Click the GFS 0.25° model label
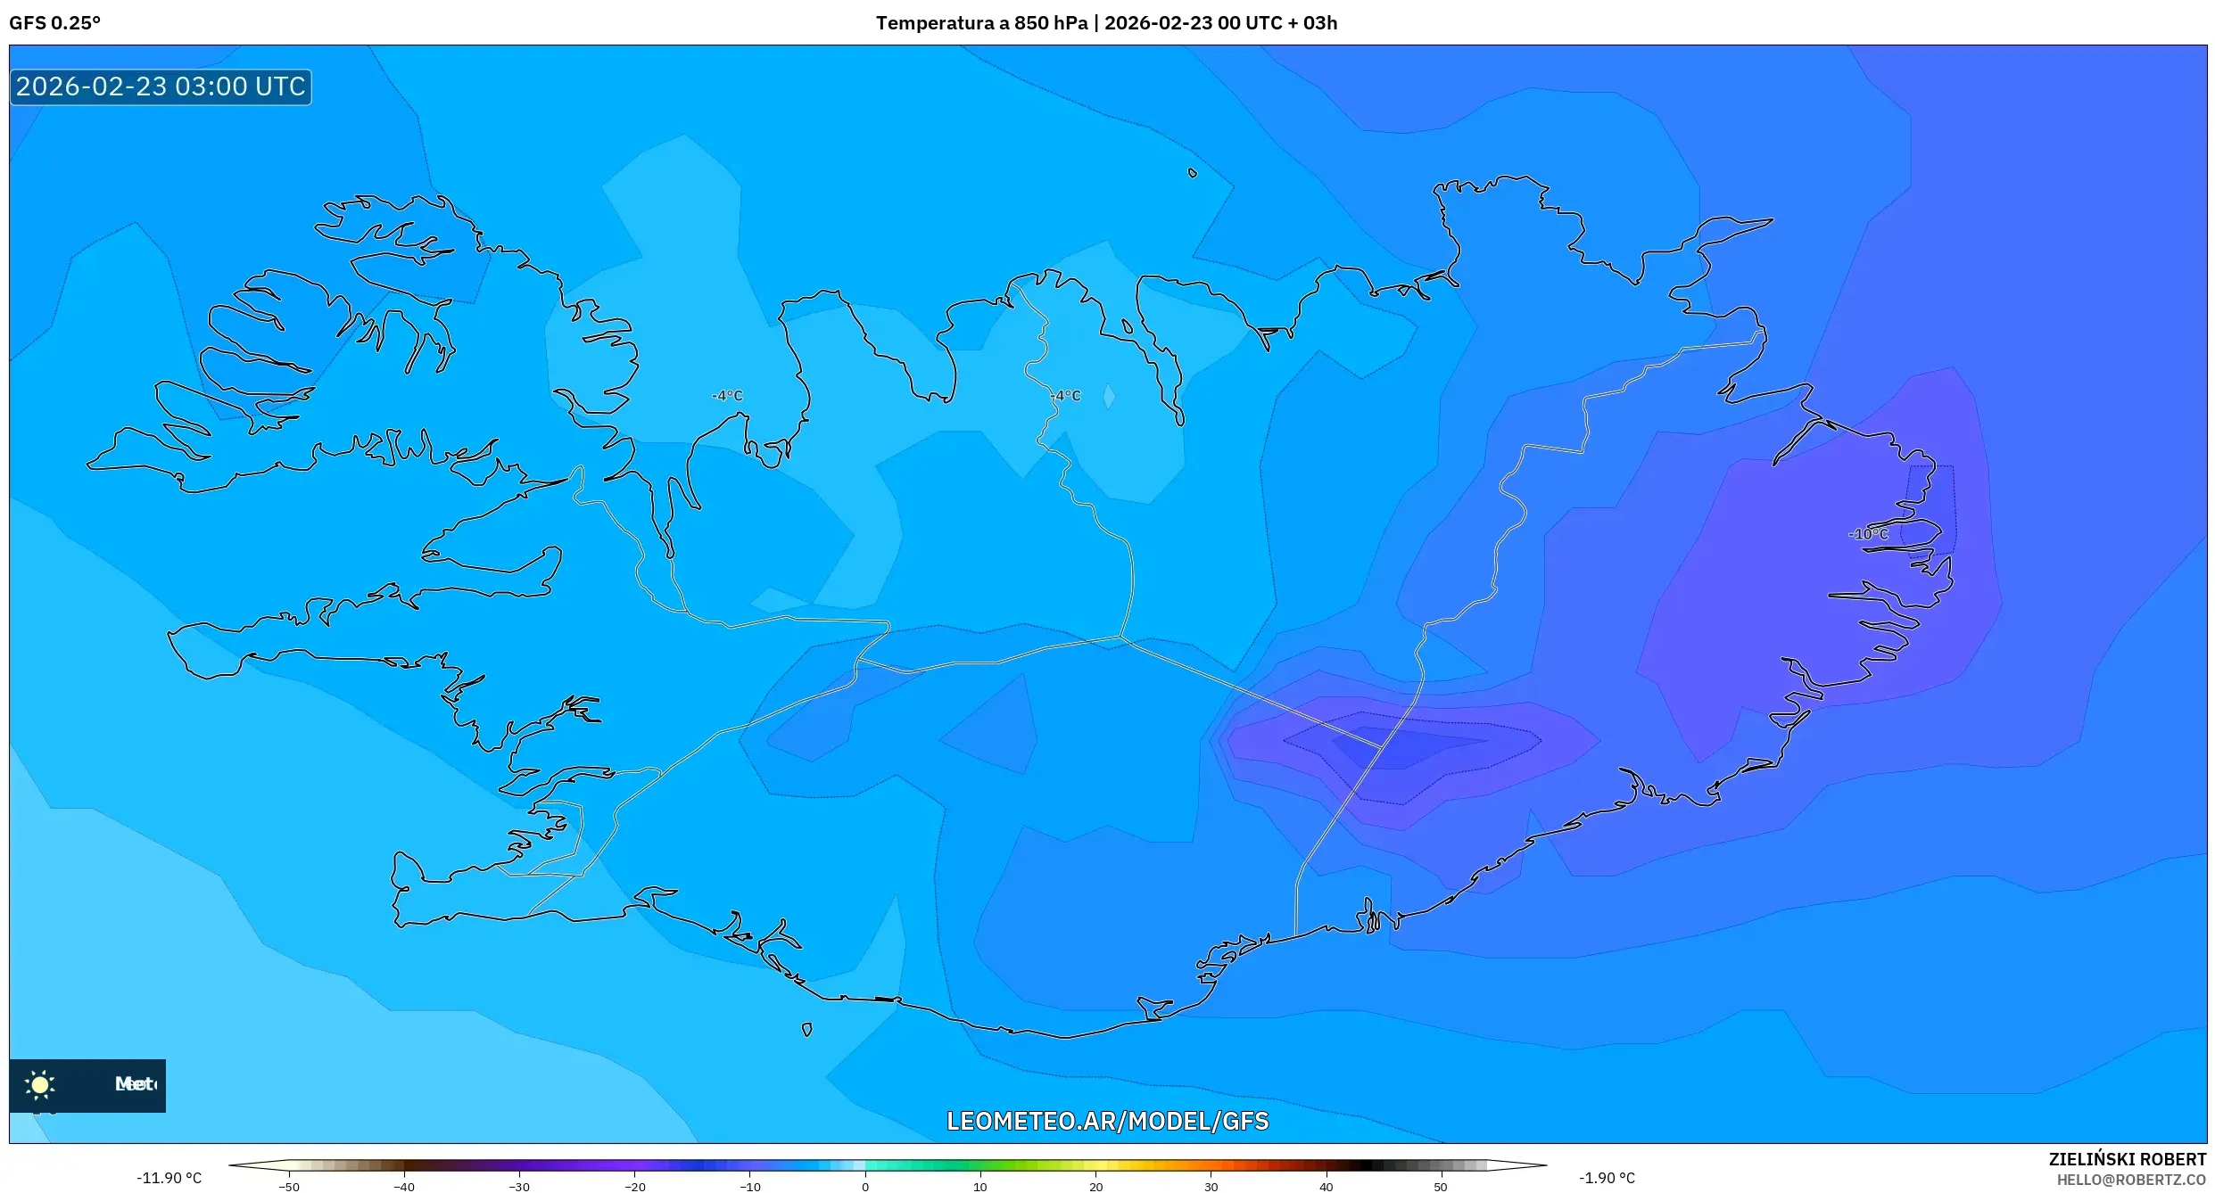54,23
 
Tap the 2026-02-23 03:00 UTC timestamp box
161,86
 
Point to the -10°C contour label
1868,534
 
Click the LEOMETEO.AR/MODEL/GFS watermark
1107,1121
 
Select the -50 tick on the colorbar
289,1186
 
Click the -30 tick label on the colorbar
519,1186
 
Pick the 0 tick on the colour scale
864,1186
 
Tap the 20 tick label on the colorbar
1095,1186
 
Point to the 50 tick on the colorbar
1441,1186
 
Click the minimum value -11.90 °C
169,1178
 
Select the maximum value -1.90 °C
1607,1178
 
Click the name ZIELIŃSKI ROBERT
2127,1159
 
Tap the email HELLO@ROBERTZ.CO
2131,1180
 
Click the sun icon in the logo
40,1084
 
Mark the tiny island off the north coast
1193,173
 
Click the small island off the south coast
806,1029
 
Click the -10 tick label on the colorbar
749,1186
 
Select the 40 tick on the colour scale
1326,1186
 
